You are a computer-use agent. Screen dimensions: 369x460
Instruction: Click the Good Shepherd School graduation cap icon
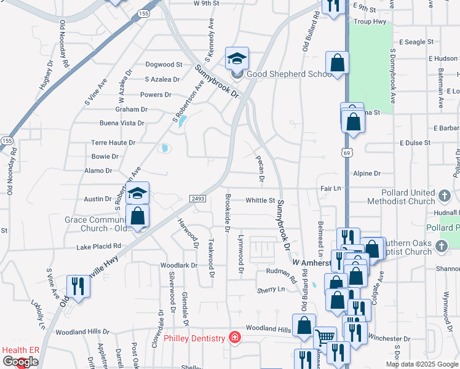(x=237, y=59)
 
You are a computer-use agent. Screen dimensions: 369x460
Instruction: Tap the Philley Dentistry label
(x=194, y=338)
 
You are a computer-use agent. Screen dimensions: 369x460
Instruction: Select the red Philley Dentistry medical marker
(x=234, y=337)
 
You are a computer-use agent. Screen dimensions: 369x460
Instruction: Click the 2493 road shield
(x=197, y=198)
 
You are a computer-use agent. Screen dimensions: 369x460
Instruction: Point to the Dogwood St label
(x=164, y=64)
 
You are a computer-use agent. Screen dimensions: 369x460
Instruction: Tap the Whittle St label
(x=260, y=200)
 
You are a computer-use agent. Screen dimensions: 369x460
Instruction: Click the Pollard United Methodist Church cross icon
(x=445, y=197)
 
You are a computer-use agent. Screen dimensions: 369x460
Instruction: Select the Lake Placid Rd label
(x=99, y=246)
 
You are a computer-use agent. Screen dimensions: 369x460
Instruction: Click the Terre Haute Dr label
(x=113, y=142)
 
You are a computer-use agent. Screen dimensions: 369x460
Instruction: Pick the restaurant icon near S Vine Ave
(x=78, y=285)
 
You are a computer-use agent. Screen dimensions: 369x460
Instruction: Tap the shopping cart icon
(x=325, y=338)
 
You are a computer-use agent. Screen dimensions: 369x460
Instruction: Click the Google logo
(x=20, y=362)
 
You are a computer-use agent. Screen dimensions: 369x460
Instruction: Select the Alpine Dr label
(x=368, y=173)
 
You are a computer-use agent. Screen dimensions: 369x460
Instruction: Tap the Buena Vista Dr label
(x=122, y=123)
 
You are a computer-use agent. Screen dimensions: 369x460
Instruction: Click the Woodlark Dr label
(x=178, y=266)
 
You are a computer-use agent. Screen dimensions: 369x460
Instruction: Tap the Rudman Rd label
(x=282, y=271)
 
